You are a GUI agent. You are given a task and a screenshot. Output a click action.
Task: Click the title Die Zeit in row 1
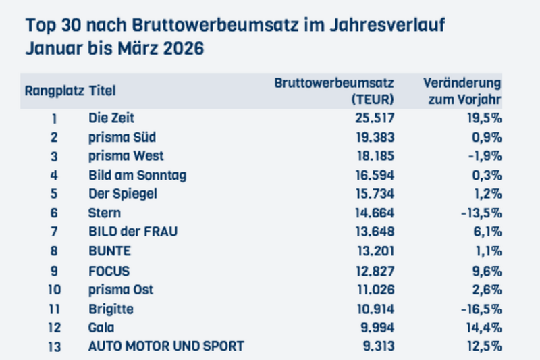[111, 118]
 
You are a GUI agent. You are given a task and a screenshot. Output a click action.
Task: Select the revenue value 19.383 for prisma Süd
[373, 137]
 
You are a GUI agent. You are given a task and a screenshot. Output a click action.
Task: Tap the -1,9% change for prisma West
[483, 156]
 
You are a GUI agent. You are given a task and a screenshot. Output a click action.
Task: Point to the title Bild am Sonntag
[137, 175]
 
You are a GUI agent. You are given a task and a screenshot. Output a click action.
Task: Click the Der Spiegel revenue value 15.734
[373, 194]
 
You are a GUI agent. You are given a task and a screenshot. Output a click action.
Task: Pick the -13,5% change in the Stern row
[481, 213]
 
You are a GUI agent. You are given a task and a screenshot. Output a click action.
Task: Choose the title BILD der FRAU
[133, 232]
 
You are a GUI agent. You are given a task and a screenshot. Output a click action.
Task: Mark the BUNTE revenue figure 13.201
[373, 251]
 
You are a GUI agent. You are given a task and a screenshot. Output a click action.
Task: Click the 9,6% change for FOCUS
[486, 270]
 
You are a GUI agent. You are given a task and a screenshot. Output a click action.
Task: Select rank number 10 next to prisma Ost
[54, 289]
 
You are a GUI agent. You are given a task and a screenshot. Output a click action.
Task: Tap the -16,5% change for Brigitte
[481, 309]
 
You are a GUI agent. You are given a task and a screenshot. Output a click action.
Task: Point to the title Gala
[102, 328]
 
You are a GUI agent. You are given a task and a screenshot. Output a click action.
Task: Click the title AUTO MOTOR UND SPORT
[166, 346]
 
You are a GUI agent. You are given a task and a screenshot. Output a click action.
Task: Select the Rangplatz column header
[54, 91]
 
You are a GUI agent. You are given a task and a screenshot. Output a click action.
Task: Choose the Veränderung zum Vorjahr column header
[462, 91]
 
